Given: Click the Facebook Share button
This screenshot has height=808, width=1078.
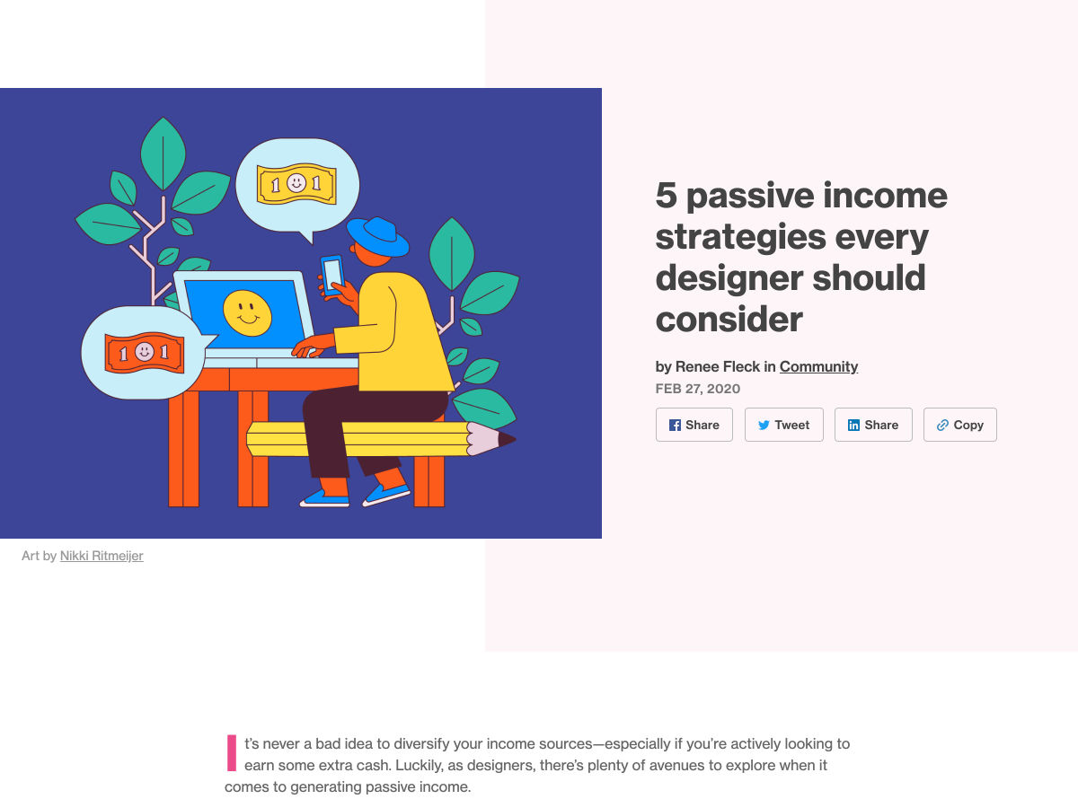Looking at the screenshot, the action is pos(694,425).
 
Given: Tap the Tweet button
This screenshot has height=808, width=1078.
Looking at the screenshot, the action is pos(784,425).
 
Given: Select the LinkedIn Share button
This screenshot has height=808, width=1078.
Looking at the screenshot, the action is pos(873,425).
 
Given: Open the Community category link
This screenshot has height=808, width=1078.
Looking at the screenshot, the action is pos(818,366).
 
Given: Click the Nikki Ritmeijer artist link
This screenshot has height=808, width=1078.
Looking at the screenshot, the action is pos(102,556).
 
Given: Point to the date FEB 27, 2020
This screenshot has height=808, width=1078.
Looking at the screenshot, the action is pos(697,389).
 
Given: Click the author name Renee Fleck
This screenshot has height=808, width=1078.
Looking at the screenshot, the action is pos(718,366).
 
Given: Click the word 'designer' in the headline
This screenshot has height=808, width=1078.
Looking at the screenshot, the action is pos(729,278).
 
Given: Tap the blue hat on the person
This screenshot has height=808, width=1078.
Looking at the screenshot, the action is pos(377,237).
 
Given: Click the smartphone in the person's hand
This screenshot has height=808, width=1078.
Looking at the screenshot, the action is pos(332,275).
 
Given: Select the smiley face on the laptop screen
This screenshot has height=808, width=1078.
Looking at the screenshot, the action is pos(247,313).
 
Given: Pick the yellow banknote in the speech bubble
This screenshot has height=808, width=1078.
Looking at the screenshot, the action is pos(296,183).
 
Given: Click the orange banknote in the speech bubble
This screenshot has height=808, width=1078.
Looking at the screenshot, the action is pos(145,352).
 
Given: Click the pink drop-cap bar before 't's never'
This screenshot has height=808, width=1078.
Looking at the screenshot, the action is pos(231,752).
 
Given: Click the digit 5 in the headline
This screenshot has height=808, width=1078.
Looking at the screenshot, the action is pos(667,195).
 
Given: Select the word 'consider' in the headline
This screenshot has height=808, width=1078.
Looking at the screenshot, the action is pos(729,320).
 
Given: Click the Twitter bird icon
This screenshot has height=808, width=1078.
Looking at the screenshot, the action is pos(764,425).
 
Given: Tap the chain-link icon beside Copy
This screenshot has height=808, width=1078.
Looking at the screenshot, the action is pos(942,425).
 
